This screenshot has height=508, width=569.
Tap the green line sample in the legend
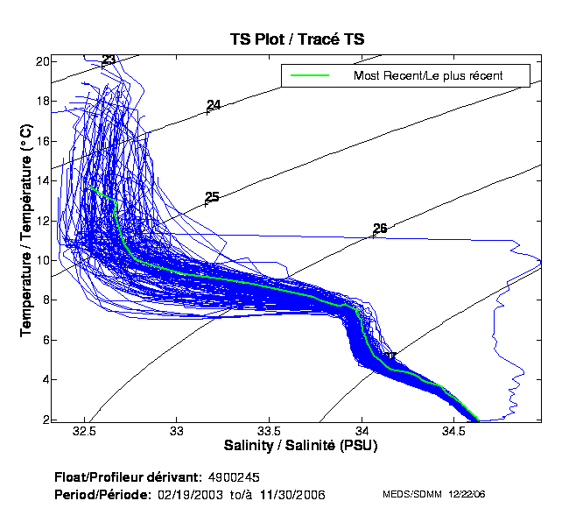click(310, 75)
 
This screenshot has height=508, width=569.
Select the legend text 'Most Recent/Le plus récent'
click(427, 75)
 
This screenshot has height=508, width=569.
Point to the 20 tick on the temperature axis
click(42, 61)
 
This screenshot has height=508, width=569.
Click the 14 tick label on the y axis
click(42, 180)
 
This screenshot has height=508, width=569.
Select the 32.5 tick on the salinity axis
click(85, 432)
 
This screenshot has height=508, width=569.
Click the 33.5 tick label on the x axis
click(270, 432)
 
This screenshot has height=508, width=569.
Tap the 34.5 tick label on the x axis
click(454, 432)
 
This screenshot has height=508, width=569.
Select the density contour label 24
click(214, 105)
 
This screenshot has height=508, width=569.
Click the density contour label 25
click(212, 197)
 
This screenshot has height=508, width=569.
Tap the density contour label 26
click(380, 229)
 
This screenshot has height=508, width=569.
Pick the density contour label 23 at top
click(109, 60)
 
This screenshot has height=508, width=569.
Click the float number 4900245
click(234, 477)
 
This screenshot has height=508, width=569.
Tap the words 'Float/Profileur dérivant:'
click(130, 477)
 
